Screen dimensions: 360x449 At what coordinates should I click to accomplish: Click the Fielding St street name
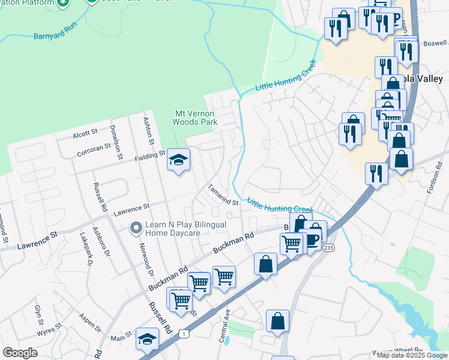pos(148,155)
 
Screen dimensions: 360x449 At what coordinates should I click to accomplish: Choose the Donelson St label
pos(115,138)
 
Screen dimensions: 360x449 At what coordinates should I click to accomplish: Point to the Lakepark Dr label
pos(86,250)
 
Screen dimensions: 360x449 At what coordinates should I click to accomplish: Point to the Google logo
pos(20,352)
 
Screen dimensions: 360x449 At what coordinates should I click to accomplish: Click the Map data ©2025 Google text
pos(412,355)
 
